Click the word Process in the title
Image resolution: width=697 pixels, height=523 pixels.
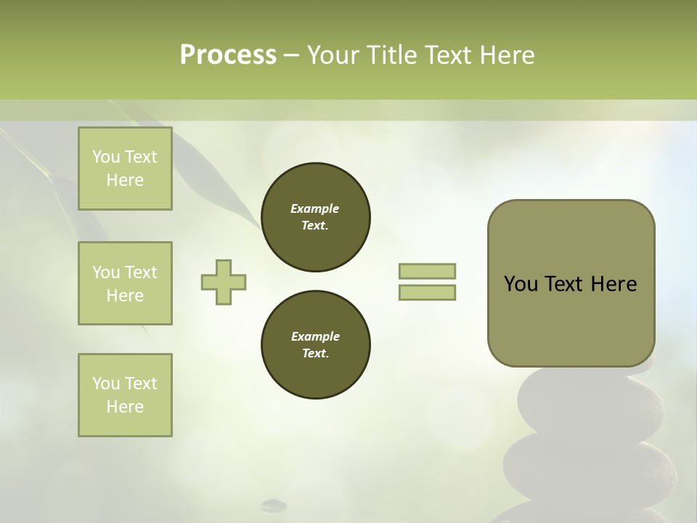[228, 55]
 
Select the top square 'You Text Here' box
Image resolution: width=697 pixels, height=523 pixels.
[125, 169]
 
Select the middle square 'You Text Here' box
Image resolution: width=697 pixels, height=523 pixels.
[125, 283]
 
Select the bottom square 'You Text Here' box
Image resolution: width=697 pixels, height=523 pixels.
[125, 394]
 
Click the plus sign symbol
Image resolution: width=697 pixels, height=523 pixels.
[224, 282]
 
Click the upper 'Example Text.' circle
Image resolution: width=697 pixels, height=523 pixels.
[315, 217]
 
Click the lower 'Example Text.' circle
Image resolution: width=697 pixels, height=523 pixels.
[315, 345]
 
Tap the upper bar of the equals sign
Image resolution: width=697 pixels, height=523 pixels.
[427, 271]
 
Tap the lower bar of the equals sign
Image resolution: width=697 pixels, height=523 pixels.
[427, 292]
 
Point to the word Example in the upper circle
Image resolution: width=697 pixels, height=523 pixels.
[315, 208]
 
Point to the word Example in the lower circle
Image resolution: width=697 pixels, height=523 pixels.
[315, 336]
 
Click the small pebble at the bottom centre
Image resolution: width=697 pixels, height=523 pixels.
[274, 503]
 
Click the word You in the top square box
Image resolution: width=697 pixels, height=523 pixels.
[106, 157]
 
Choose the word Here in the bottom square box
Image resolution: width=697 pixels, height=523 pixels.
[125, 407]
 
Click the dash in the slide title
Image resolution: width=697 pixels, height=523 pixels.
[291, 55]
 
